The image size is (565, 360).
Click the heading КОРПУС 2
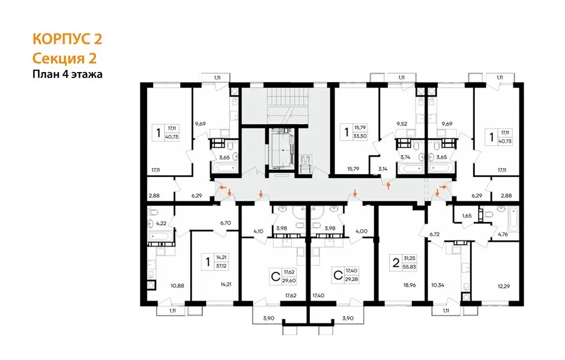[x=67, y=39]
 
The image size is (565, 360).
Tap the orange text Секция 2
[x=64, y=58]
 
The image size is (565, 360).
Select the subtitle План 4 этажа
[x=67, y=74]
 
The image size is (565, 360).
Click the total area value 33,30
[x=360, y=136]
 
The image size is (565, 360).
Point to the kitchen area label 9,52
[x=402, y=124]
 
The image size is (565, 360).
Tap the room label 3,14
[x=383, y=169]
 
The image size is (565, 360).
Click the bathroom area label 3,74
[x=405, y=157]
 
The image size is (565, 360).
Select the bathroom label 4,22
[x=161, y=224]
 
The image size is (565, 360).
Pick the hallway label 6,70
[x=225, y=223]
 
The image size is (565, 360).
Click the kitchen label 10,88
[x=177, y=286]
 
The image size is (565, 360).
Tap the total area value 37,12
[x=221, y=266]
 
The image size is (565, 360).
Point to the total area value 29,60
[x=289, y=280]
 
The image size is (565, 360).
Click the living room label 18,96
[x=409, y=285]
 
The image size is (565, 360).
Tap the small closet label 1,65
[x=467, y=216]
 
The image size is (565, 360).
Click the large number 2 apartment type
[x=396, y=263]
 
